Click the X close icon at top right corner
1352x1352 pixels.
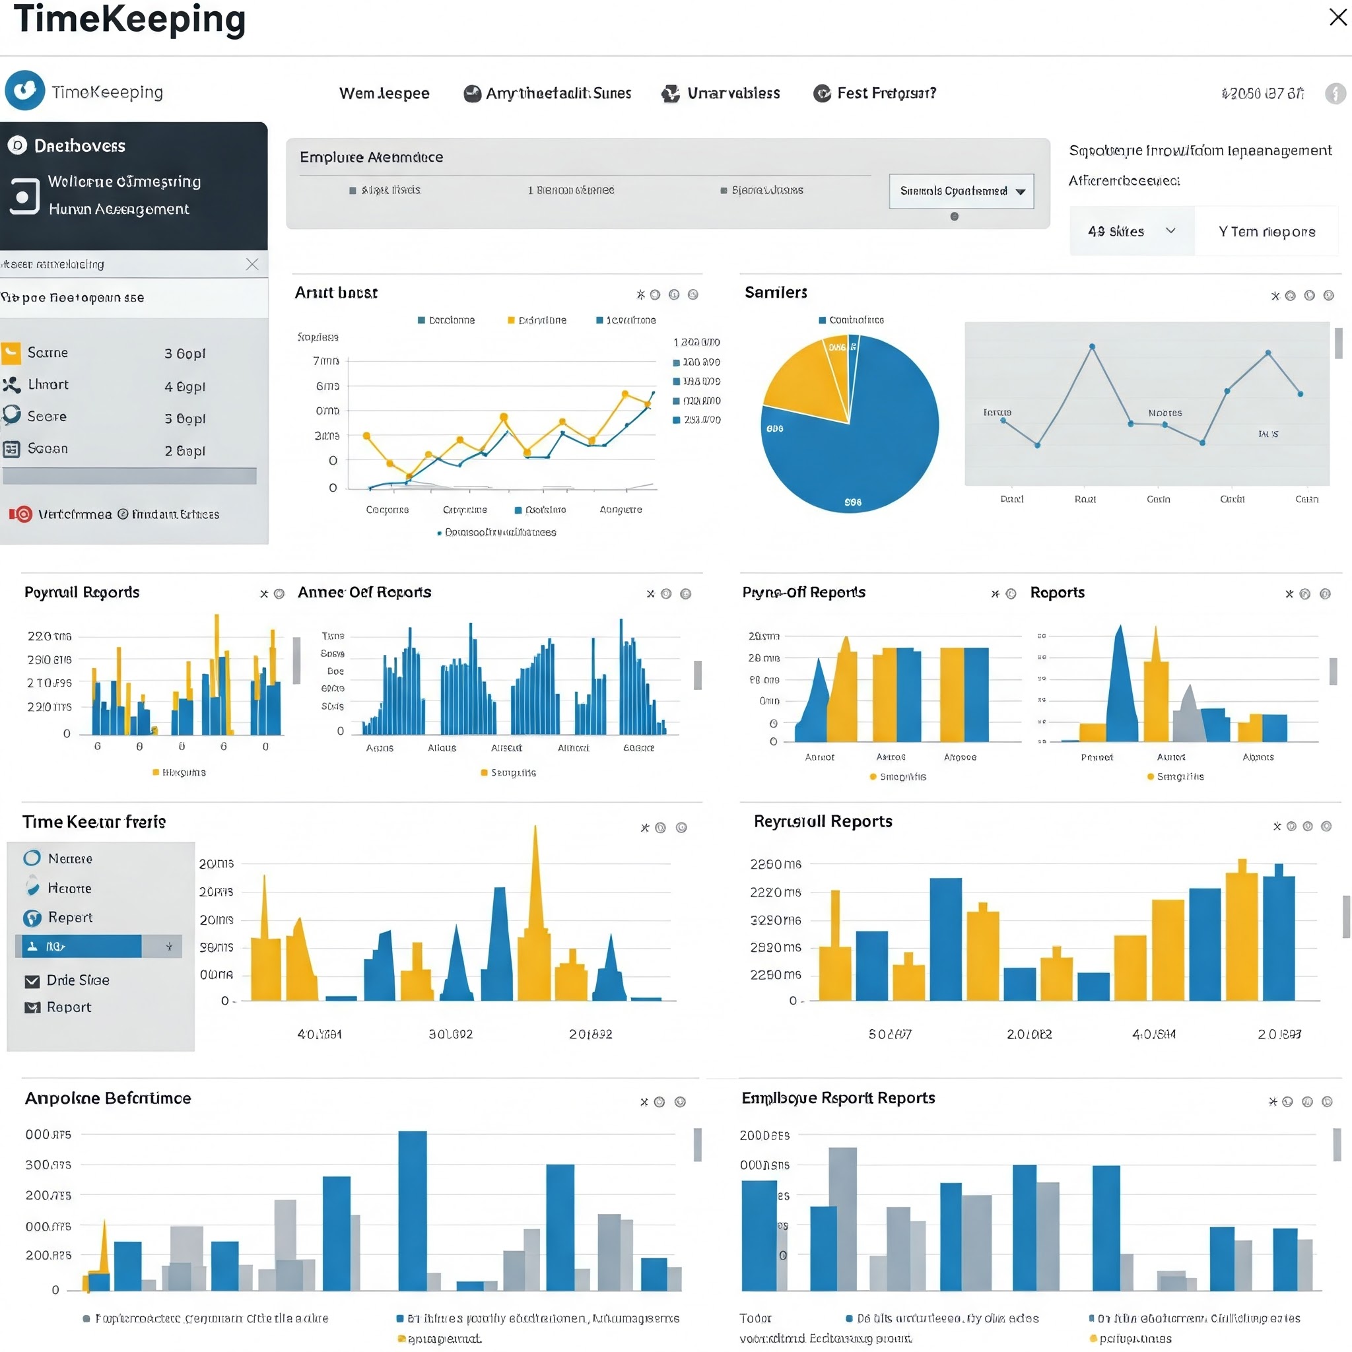(1337, 17)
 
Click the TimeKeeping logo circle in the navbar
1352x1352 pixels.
(25, 90)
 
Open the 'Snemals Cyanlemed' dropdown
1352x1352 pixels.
(961, 191)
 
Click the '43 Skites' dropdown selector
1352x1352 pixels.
(1131, 231)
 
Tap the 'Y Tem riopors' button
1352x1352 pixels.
(1266, 232)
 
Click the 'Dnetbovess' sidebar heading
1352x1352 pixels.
(80, 145)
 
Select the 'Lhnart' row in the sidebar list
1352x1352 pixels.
(48, 384)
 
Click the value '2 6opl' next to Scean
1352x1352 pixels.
(185, 451)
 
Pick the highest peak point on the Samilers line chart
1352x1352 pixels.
(1092, 347)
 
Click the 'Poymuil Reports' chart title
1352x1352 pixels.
(82, 592)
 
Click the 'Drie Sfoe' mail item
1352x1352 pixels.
(77, 980)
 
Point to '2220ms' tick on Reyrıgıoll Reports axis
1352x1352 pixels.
(774, 893)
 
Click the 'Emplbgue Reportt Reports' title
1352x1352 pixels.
(838, 1097)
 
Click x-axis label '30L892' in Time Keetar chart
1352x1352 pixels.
(451, 1034)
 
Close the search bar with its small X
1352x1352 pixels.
(252, 264)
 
